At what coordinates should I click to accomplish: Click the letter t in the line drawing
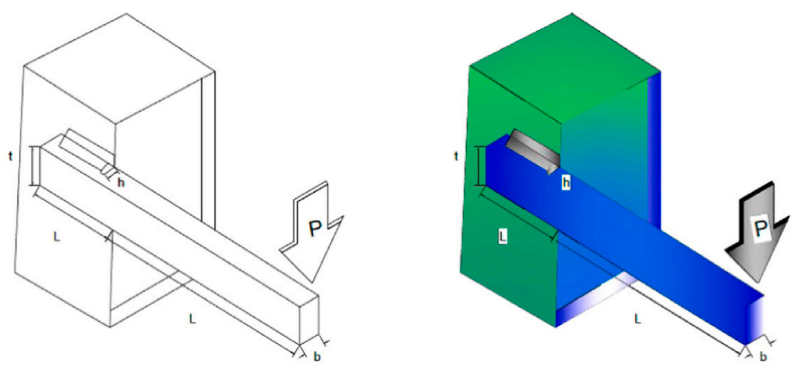tap(11, 156)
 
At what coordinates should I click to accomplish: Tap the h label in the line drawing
tap(120, 182)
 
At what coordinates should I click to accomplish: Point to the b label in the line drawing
tap(317, 357)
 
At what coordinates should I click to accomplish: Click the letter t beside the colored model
tap(456, 156)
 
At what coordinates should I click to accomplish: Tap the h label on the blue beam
tap(566, 182)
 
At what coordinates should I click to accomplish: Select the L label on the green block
tap(502, 236)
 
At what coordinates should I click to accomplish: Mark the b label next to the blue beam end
tap(763, 357)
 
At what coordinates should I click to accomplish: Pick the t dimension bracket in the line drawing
tap(35, 166)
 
